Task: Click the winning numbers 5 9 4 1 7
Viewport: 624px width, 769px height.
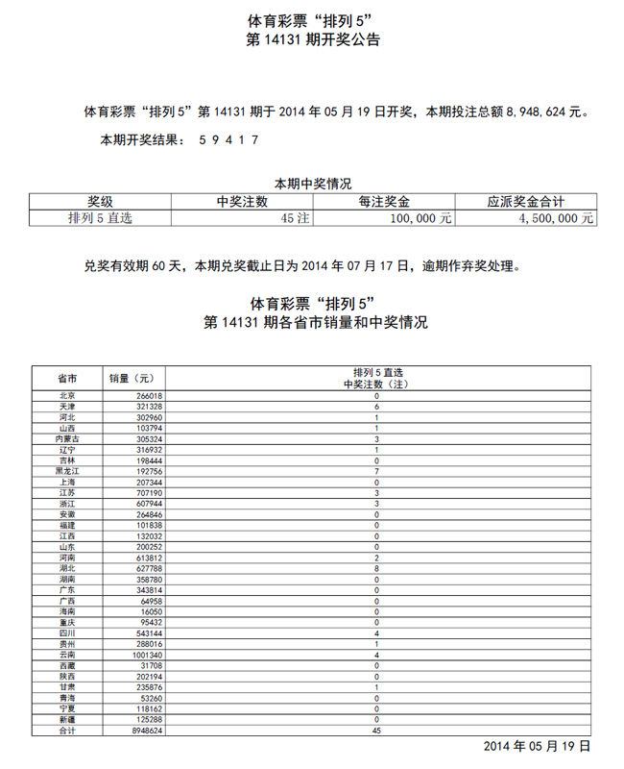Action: [228, 139]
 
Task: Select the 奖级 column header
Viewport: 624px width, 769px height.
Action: [101, 202]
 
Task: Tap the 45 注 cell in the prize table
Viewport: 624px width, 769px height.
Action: [294, 218]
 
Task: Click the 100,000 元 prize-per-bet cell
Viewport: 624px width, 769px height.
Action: [420, 218]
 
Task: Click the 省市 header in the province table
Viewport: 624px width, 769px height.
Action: [67, 378]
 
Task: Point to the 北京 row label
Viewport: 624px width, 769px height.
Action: [67, 396]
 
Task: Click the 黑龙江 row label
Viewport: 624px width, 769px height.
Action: [67, 471]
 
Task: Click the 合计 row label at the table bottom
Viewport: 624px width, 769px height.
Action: [67, 731]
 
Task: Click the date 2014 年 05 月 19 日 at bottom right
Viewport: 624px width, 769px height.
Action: [536, 747]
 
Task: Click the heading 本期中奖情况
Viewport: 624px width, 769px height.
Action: [313, 184]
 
